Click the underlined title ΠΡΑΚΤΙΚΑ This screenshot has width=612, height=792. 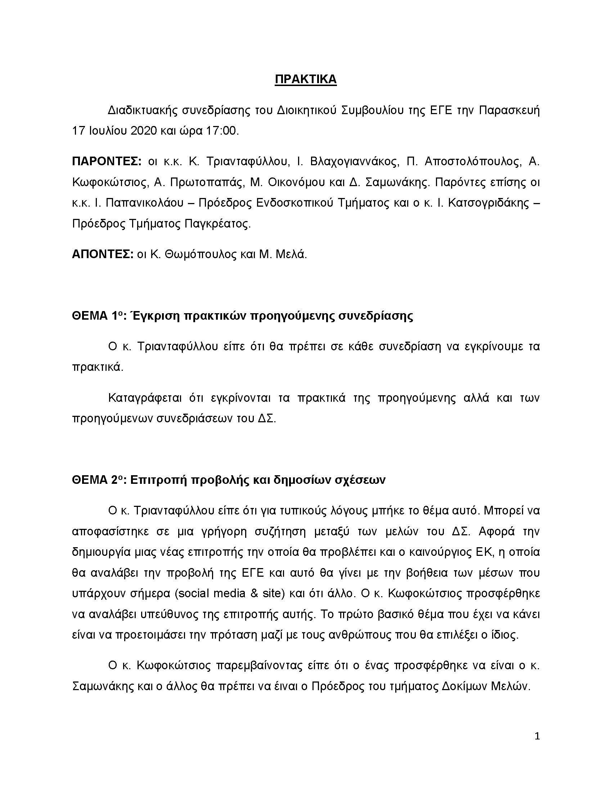[x=306, y=80]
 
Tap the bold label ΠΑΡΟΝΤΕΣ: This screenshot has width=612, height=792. [x=107, y=161]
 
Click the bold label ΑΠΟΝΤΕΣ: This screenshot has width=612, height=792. [x=103, y=254]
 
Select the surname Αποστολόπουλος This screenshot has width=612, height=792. [x=473, y=161]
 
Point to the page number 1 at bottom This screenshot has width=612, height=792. [x=537, y=737]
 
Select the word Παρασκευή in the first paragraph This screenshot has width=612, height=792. [x=509, y=110]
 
